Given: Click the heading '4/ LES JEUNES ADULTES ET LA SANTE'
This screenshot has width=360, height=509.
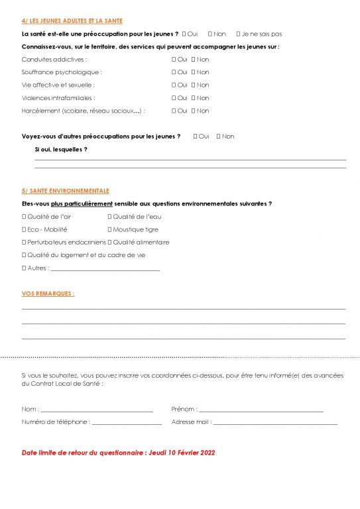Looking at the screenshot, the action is coord(72,21).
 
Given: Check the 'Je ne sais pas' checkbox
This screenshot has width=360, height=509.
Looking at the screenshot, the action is coord(239,34).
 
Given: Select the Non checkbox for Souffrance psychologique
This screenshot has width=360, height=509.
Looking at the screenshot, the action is coord(194,72).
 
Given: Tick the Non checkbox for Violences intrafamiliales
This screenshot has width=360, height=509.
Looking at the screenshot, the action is coord(194,98).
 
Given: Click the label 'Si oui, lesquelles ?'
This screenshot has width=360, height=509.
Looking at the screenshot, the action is coord(60,149).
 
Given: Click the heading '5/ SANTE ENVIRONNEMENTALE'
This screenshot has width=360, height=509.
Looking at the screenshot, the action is coord(66,191).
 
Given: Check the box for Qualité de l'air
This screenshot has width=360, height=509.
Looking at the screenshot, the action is coord(24,217).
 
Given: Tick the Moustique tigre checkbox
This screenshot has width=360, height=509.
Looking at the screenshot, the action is coord(109,229).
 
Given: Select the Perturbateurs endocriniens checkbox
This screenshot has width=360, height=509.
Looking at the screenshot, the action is coord(24,242).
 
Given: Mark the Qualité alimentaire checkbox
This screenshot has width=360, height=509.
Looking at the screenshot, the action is coord(109,242).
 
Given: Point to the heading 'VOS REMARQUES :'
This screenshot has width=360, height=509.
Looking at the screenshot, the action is coord(48,294).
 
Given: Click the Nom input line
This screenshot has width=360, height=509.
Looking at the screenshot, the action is coord(96,410).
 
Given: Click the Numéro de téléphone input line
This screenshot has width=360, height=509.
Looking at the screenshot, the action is coord(126,423).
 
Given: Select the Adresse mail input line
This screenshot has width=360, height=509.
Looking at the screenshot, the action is coord(275,423).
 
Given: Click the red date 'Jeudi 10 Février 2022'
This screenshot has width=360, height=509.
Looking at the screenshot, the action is coord(178,453).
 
